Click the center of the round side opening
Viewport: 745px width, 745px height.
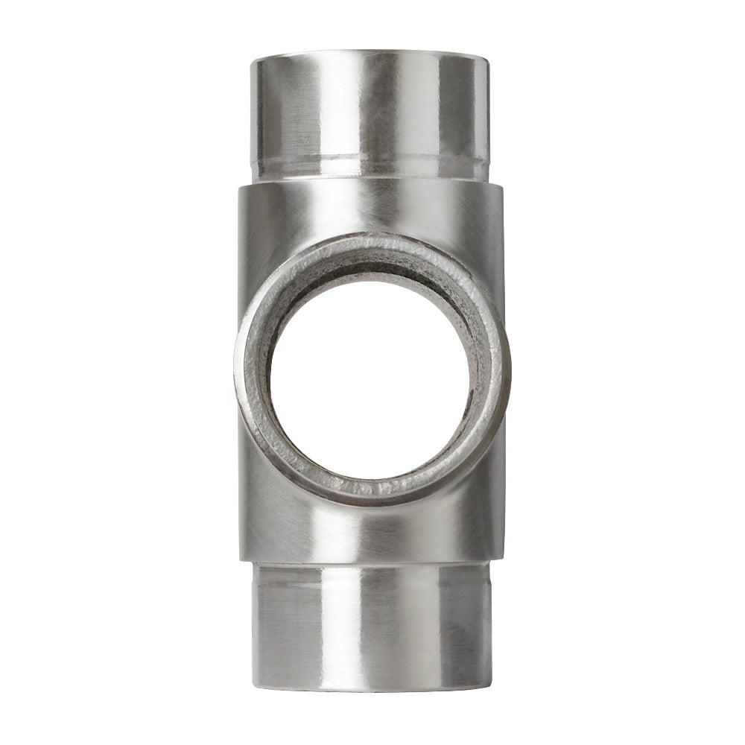(x=370, y=380)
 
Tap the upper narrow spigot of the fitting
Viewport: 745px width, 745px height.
(x=370, y=112)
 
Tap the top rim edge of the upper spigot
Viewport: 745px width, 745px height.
(x=370, y=54)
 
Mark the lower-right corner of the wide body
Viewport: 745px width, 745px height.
(x=501, y=560)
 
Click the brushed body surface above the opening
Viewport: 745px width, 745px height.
(x=370, y=210)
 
